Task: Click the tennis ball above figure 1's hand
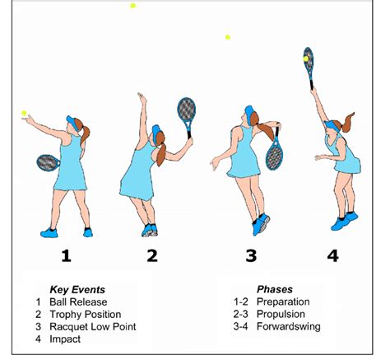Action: pyautogui.click(x=24, y=113)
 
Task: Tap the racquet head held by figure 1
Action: pyautogui.click(x=48, y=162)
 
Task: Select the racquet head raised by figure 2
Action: pyautogui.click(x=187, y=110)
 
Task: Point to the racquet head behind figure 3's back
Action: pyautogui.click(x=275, y=155)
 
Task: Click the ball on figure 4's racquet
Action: pyautogui.click(x=306, y=58)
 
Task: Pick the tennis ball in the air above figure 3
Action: pyautogui.click(x=228, y=37)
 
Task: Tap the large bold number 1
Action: pyautogui.click(x=66, y=255)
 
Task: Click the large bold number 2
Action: pyautogui.click(x=152, y=255)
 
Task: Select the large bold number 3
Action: pyautogui.click(x=251, y=255)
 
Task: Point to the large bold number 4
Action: pyautogui.click(x=332, y=255)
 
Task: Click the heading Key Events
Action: pyautogui.click(x=77, y=290)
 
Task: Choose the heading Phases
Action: pyautogui.click(x=275, y=289)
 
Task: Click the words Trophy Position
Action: pyautogui.click(x=86, y=315)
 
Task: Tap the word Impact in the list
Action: pyautogui.click(x=65, y=339)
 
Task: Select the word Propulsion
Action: pyautogui.click(x=281, y=314)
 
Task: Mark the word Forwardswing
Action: pyautogui.click(x=289, y=326)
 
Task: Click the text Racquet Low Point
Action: pyautogui.click(x=93, y=327)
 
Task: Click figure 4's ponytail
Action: pyautogui.click(x=347, y=122)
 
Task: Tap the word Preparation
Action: pyautogui.click(x=283, y=302)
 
